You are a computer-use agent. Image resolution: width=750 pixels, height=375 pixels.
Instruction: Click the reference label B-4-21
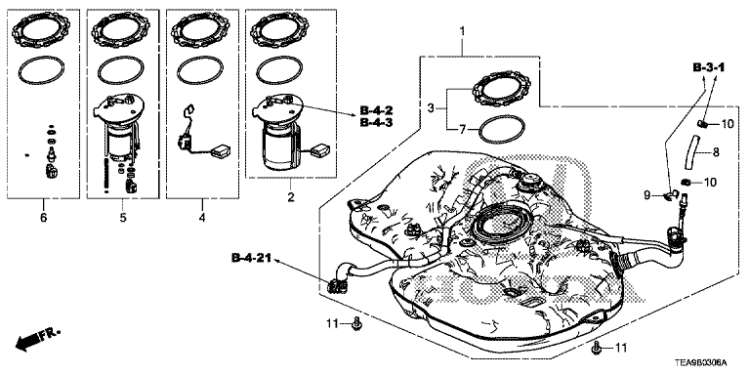(251, 258)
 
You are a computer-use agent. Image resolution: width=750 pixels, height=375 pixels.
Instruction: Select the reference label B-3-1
(708, 68)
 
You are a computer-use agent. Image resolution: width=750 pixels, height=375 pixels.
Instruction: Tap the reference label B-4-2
(376, 112)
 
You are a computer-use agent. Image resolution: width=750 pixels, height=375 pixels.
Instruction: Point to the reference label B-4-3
(376, 123)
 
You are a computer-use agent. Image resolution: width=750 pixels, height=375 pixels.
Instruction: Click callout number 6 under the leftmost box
(44, 218)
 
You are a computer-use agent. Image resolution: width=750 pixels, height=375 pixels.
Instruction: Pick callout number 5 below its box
(123, 218)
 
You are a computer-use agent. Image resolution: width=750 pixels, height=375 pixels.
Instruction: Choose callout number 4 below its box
(202, 218)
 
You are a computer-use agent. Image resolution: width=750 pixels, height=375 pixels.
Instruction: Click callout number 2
(291, 196)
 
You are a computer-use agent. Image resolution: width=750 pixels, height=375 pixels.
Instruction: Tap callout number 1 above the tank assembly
(462, 31)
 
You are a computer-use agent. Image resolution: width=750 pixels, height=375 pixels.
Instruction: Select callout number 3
(431, 109)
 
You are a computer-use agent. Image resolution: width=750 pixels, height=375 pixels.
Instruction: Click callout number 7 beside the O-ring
(462, 129)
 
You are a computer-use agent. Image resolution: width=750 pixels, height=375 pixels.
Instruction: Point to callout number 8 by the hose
(716, 153)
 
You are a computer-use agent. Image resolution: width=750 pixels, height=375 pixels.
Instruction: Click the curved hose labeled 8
(691, 151)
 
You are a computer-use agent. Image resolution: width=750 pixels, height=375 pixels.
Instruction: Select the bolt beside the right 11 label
(597, 349)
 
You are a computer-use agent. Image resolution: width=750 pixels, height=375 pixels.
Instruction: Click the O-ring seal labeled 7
(502, 129)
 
